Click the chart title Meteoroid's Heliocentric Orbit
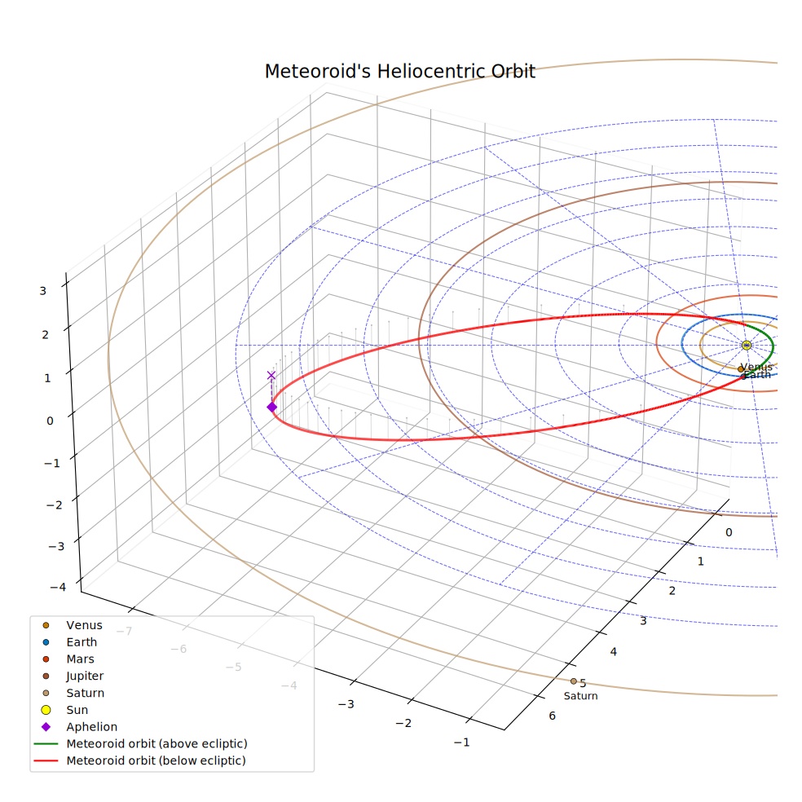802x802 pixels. pyautogui.click(x=400, y=72)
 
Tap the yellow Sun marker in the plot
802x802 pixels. pyautogui.click(x=747, y=346)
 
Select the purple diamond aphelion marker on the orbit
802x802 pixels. pyautogui.click(x=271, y=408)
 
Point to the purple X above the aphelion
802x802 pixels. pyautogui.click(x=271, y=376)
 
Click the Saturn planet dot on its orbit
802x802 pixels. pyautogui.click(x=573, y=681)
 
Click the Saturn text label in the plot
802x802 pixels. pyautogui.click(x=580, y=695)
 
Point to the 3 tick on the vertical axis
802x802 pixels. pyautogui.click(x=43, y=291)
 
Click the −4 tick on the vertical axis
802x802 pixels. pyautogui.click(x=58, y=587)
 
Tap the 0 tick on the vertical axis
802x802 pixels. pyautogui.click(x=50, y=421)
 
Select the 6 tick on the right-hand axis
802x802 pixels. pyautogui.click(x=553, y=716)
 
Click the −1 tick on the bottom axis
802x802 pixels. pyautogui.click(x=461, y=743)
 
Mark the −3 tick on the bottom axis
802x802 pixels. pyautogui.click(x=346, y=704)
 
